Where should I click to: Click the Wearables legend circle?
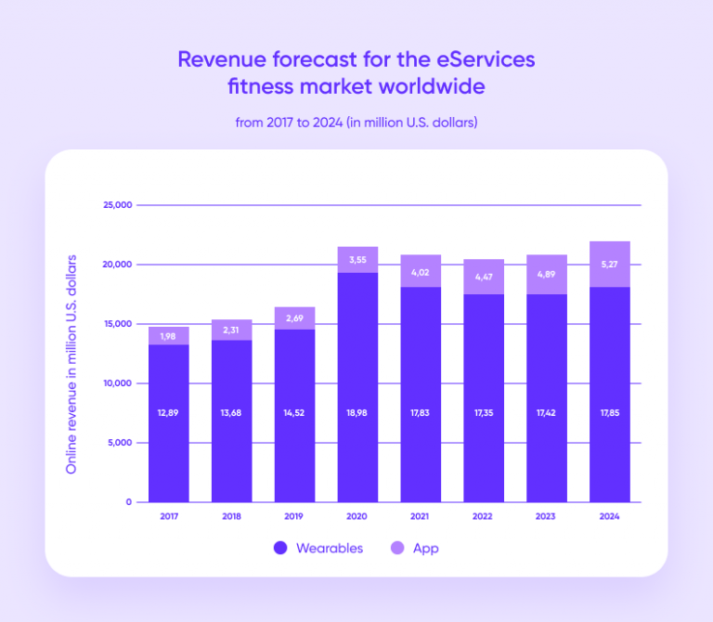click(x=280, y=549)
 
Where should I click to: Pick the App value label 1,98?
click(x=169, y=336)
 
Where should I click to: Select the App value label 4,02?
click(x=421, y=273)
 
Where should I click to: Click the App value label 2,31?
click(x=232, y=330)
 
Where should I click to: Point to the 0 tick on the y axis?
click(x=130, y=502)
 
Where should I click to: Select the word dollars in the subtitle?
click(x=454, y=123)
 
